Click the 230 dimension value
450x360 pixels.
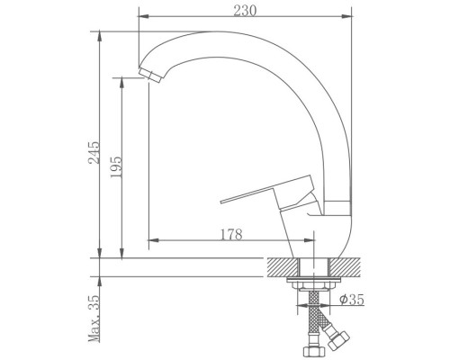(245, 11)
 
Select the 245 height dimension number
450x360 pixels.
(94, 153)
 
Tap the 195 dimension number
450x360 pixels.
(116, 167)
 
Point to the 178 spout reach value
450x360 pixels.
(231, 235)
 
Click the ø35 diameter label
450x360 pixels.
(352, 299)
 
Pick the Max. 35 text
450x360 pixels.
(94, 319)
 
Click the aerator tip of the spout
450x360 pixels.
(150, 75)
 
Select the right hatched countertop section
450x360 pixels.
(345, 267)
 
